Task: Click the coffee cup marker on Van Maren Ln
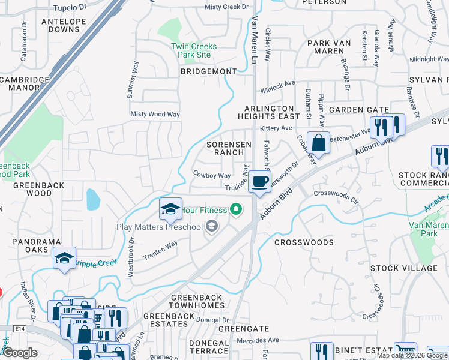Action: click(259, 182)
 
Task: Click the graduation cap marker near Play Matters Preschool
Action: click(171, 209)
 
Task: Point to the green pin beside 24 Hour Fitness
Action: click(237, 209)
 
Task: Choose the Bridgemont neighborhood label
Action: click(209, 71)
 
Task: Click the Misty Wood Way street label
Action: click(155, 114)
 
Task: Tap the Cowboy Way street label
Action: click(212, 175)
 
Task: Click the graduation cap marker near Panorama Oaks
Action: click(64, 259)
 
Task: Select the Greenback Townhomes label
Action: click(197, 301)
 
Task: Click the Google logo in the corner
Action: click(20, 353)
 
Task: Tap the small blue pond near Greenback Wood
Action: click(93, 200)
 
